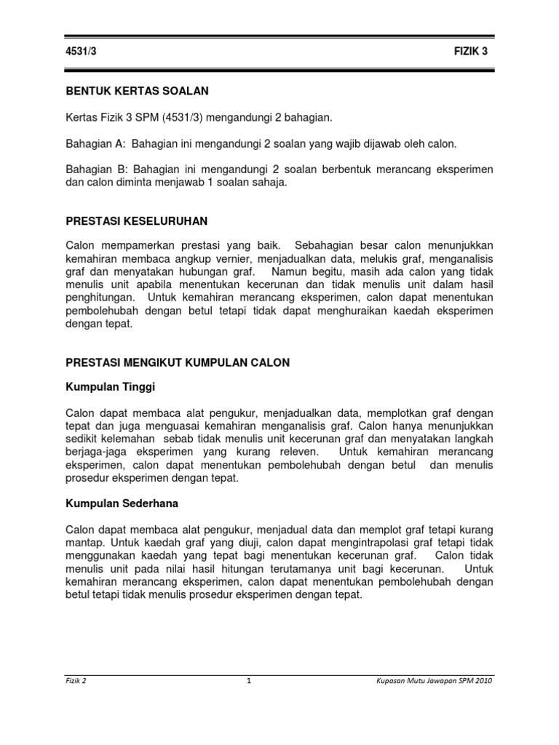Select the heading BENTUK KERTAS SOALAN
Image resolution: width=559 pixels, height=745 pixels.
click(138, 92)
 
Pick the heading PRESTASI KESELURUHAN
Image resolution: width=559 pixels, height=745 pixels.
click(137, 220)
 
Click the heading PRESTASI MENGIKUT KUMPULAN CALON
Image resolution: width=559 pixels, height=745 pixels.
click(178, 362)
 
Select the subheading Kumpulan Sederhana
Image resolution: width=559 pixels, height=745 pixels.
click(122, 503)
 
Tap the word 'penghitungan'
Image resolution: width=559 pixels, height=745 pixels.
click(101, 298)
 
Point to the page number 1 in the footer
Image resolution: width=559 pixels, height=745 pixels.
click(249, 682)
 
